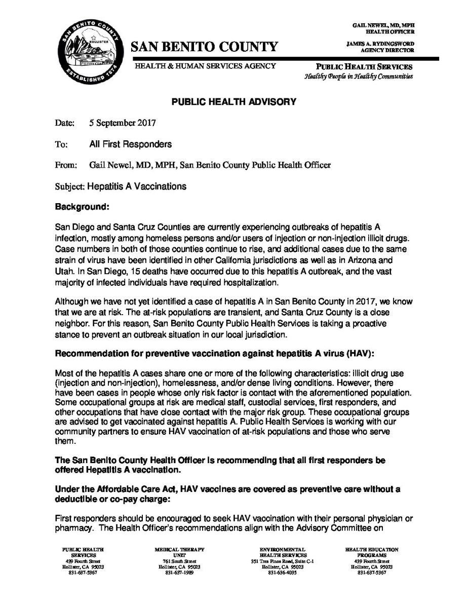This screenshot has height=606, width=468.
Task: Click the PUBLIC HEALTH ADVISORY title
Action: [233, 102]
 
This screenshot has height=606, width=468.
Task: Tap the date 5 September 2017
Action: [123, 123]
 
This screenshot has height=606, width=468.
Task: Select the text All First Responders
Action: [130, 144]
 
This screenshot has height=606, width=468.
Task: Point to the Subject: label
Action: [70, 186]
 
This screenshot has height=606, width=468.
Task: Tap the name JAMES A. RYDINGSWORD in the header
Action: [380, 44]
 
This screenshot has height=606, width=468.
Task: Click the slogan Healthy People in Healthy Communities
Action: [358, 77]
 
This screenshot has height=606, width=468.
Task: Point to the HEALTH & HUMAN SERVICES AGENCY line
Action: [205, 66]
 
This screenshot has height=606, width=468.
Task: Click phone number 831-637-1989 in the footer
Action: [179, 573]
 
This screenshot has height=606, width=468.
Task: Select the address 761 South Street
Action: [179, 561]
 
